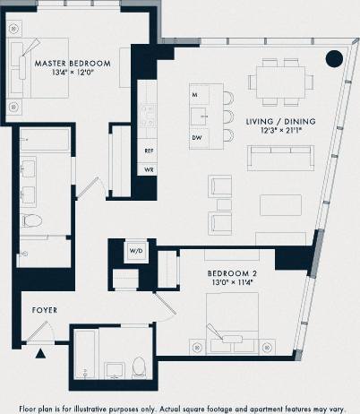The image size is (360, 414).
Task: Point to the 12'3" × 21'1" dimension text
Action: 280,130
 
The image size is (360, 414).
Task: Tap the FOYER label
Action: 45,310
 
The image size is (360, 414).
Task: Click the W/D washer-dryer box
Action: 136,252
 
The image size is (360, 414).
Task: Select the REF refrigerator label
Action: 150,152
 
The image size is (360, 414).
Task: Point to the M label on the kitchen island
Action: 194,94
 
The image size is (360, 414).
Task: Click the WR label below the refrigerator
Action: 150,168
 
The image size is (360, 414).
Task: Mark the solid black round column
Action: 333,59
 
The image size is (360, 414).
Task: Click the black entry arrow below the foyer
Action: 39,354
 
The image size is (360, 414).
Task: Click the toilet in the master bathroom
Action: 30,220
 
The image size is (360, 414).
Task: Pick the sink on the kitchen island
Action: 206,115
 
